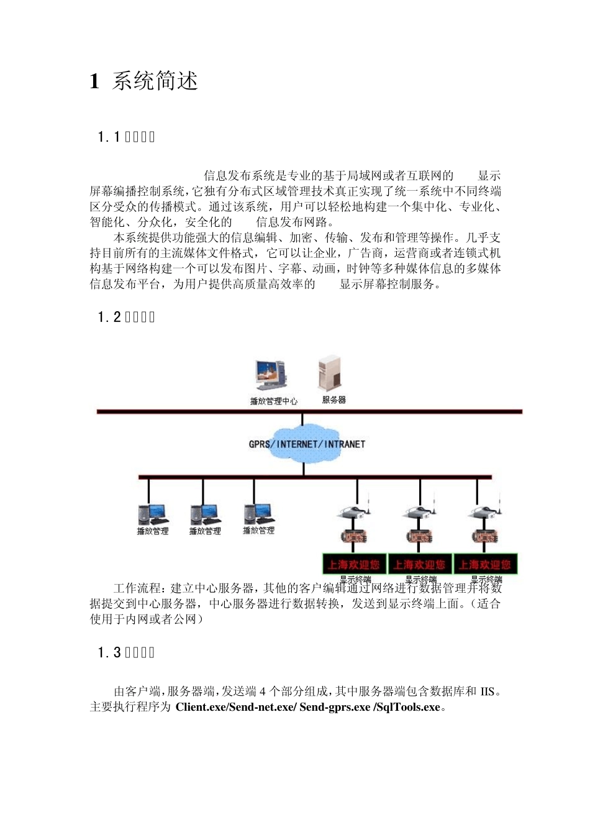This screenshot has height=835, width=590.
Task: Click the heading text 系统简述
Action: [155, 81]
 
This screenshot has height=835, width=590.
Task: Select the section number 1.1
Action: [109, 137]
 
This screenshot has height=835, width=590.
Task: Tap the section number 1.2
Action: [109, 317]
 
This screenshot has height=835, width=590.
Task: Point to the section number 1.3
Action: [109, 653]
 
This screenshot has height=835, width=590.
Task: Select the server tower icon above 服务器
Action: [330, 373]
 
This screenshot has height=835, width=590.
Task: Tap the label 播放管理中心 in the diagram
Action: [273, 401]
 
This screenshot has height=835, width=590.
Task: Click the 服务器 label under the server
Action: [334, 400]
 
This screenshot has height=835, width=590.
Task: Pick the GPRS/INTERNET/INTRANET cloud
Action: [306, 444]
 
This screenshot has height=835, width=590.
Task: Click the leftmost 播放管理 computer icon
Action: [152, 514]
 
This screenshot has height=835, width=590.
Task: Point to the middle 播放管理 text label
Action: [205, 531]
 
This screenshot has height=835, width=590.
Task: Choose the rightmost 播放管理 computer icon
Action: [259, 513]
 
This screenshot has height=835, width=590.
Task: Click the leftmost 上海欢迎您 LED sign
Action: [354, 565]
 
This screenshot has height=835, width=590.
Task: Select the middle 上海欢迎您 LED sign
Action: [419, 565]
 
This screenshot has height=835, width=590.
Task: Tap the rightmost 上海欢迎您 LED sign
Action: [485, 565]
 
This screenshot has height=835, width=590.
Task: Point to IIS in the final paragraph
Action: [488, 691]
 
